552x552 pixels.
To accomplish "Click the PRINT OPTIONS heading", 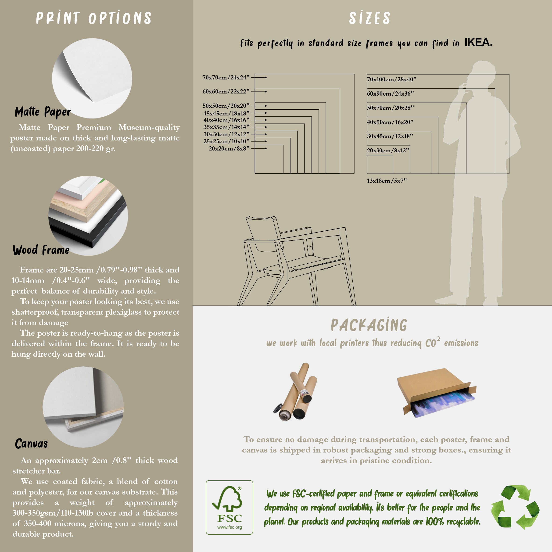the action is [93, 18].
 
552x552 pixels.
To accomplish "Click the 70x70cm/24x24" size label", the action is [226, 77].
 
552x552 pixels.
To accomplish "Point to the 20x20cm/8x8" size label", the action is [229, 149].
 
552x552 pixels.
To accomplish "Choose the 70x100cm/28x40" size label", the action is [392, 79].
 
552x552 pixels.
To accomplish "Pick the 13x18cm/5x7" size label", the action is [387, 181].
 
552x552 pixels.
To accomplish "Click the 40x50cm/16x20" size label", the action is [390, 122].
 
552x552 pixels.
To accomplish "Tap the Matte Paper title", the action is [43, 112].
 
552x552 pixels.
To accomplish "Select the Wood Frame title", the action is [41, 250].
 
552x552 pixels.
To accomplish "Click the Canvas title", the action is [31, 443].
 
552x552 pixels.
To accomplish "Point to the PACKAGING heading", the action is [369, 325].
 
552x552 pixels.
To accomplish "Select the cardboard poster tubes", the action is [295, 391].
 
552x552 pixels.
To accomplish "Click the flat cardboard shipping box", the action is [437, 393].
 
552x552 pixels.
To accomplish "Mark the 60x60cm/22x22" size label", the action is [226, 92].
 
